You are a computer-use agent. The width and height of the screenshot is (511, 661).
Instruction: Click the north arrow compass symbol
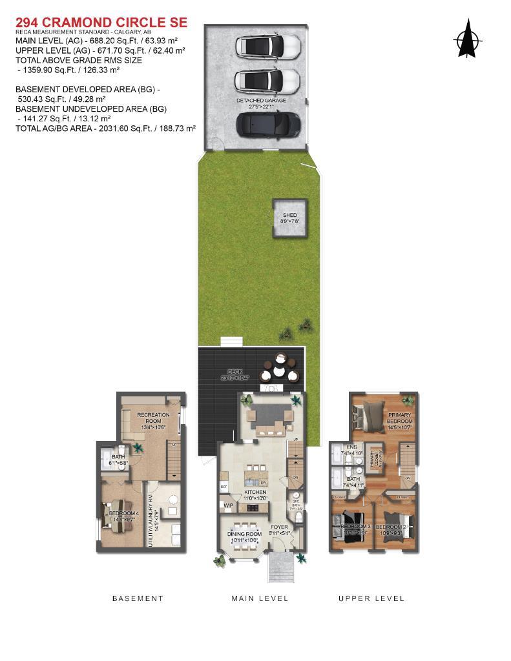click(468, 38)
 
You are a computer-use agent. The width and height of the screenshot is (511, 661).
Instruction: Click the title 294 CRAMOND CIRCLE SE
click(101, 23)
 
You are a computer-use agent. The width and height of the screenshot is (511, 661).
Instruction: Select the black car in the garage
click(268, 123)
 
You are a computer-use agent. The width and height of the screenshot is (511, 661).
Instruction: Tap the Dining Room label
click(244, 534)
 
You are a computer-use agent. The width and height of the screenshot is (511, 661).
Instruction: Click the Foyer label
click(280, 527)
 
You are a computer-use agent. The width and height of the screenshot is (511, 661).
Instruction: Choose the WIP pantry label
click(229, 505)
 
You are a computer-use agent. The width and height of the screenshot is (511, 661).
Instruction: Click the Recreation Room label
click(153, 418)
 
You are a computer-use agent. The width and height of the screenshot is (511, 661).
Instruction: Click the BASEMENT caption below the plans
click(138, 598)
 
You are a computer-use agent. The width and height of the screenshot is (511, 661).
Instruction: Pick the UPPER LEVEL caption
click(371, 598)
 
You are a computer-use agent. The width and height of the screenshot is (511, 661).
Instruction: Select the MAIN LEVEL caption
click(260, 598)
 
